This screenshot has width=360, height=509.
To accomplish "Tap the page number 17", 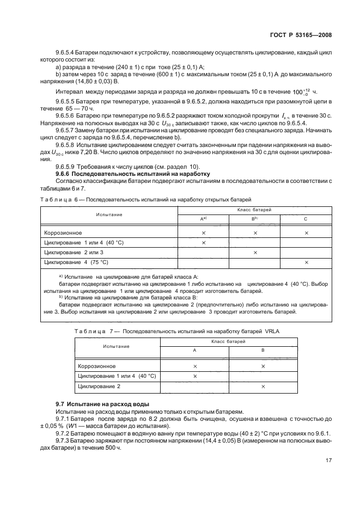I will point(328,460).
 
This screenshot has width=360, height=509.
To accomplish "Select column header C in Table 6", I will point(306,218).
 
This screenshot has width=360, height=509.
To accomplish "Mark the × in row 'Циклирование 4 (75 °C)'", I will point(306,262).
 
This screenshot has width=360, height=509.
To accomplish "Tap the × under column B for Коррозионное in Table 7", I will point(263,366).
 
